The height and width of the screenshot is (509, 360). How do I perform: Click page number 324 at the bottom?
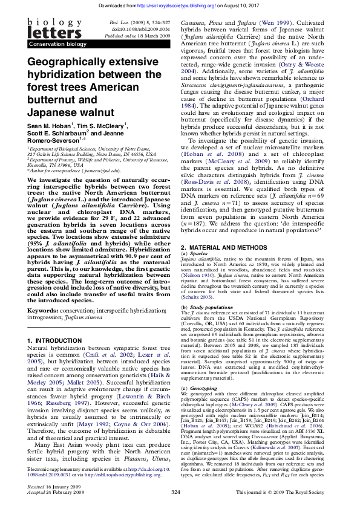click(x=176, y=493)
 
